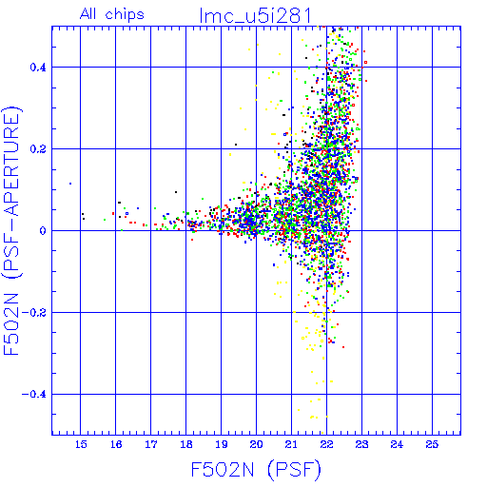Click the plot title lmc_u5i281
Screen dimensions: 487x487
click(x=255, y=16)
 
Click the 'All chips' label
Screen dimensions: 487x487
click(x=112, y=14)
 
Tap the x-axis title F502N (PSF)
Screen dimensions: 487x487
click(x=256, y=470)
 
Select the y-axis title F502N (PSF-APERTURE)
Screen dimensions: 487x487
click(x=11, y=230)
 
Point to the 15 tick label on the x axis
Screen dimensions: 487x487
click(x=81, y=444)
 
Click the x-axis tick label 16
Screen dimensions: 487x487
click(x=116, y=444)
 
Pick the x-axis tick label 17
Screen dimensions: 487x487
click(x=151, y=444)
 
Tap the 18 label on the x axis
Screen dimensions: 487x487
click(x=186, y=444)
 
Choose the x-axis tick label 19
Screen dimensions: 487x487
click(x=222, y=444)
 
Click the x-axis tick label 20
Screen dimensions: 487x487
click(x=256, y=444)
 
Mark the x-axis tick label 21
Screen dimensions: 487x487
click(x=291, y=444)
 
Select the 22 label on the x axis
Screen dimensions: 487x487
click(x=326, y=444)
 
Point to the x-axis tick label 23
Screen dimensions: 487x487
click(x=361, y=444)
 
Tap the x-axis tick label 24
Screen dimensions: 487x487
click(x=397, y=444)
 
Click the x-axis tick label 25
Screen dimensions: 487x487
click(x=432, y=444)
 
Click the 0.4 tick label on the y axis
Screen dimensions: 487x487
click(x=38, y=68)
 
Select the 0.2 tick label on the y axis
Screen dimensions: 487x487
click(x=38, y=149)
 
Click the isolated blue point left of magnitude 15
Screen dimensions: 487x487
click(x=70, y=184)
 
